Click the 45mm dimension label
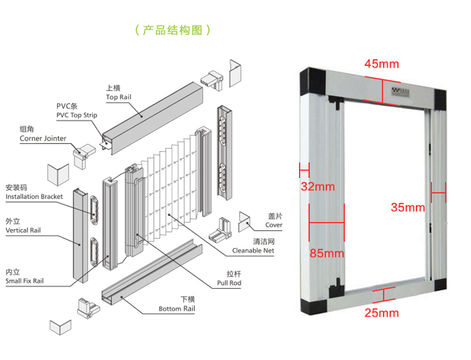[381, 64]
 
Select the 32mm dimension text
[318, 187]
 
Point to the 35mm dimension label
[408, 207]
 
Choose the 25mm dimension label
[381, 313]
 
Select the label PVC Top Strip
[77, 115]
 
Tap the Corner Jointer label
[44, 139]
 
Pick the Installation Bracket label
[34, 196]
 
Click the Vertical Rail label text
[24, 230]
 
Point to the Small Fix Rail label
[25, 281]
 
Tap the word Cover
[274, 225]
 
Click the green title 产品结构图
[172, 30]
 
